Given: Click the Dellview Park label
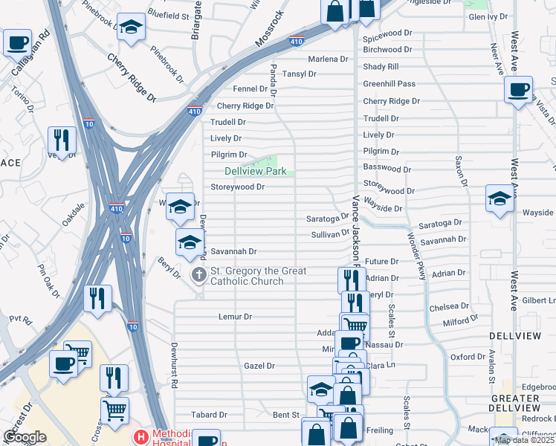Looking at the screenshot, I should (x=256, y=172).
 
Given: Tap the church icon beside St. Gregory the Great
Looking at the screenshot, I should (x=198, y=276).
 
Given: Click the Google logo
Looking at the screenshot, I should (x=25, y=437).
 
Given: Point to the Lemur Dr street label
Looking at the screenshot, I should (x=236, y=317).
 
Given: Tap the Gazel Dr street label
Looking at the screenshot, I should (x=259, y=366).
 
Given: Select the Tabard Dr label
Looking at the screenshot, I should (x=203, y=415).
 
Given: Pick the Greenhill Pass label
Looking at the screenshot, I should (x=389, y=84).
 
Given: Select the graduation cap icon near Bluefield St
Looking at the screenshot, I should (x=131, y=28).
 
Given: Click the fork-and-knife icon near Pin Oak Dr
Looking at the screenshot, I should (x=97, y=298).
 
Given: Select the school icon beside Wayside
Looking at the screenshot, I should (x=499, y=198).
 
